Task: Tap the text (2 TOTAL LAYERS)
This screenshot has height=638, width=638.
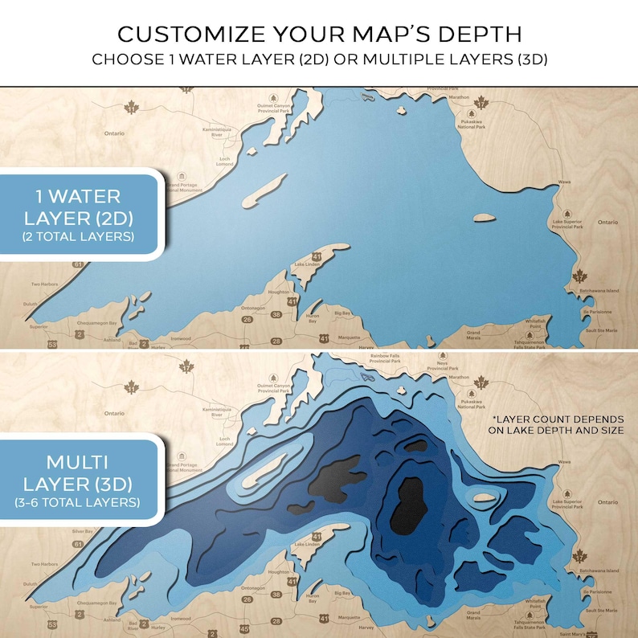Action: (x=79, y=236)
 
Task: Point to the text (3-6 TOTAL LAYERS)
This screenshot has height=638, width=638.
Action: (x=79, y=502)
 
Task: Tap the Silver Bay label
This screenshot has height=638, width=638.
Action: (x=83, y=532)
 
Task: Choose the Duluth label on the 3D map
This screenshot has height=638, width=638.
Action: (x=30, y=584)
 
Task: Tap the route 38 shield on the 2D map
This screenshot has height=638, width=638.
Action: (x=275, y=315)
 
